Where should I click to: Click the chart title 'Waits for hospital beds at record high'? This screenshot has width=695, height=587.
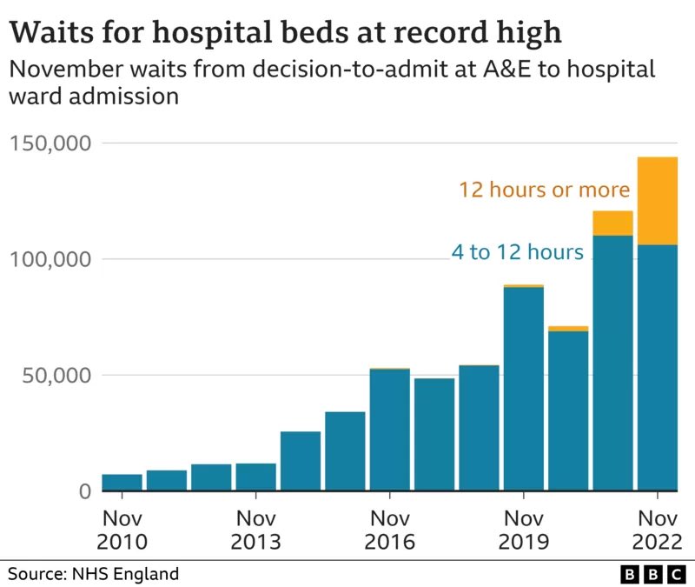(285, 32)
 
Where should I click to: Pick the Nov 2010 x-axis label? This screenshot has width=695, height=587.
(122, 530)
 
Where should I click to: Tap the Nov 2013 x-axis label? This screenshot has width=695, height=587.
(256, 530)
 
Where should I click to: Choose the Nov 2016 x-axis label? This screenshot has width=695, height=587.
(390, 530)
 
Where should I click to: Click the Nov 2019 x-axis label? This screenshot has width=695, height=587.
(524, 530)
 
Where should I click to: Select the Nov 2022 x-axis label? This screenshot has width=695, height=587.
(657, 530)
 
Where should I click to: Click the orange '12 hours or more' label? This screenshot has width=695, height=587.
(544, 190)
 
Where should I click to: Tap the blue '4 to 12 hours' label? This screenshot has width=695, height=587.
(517, 253)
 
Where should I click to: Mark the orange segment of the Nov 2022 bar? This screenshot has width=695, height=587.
(658, 201)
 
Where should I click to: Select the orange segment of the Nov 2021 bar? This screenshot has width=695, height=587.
(612, 223)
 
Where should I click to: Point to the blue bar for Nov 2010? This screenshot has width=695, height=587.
(122, 483)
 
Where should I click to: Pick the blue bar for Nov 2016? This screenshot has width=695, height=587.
(390, 430)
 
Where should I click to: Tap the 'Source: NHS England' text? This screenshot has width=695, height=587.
(94, 574)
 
